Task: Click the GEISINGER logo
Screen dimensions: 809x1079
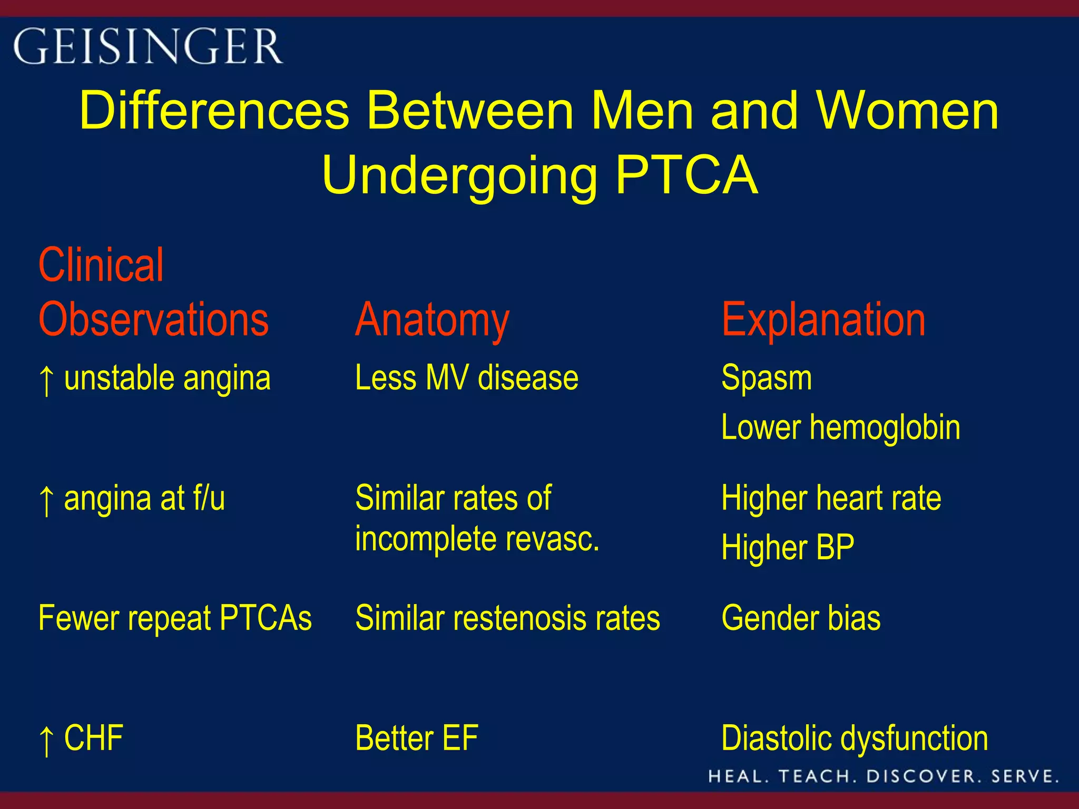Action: pyautogui.click(x=148, y=46)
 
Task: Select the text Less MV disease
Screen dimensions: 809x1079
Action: pyautogui.click(x=466, y=378)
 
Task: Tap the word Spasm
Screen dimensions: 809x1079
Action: pyautogui.click(x=767, y=378)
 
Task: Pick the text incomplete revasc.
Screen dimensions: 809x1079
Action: pyautogui.click(x=477, y=539)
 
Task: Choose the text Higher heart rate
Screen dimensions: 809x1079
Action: pyautogui.click(x=831, y=498)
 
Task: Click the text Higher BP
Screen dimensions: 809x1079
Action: pyautogui.click(x=788, y=547)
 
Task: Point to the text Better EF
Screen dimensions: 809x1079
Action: pyautogui.click(x=416, y=737)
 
